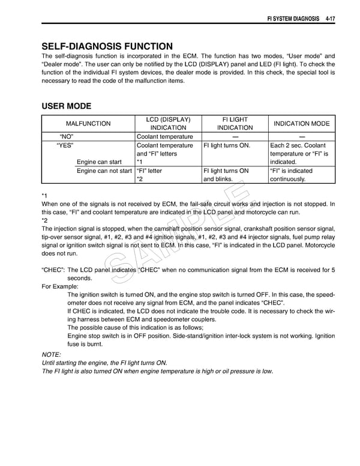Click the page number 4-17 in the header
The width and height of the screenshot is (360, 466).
click(327, 19)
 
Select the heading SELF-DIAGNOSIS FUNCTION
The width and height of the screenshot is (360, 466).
click(107, 46)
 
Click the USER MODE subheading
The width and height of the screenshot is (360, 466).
click(66, 106)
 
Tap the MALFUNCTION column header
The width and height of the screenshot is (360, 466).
click(88, 124)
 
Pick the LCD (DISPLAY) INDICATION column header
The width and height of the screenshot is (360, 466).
click(168, 124)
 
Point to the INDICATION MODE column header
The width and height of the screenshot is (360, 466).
click(301, 124)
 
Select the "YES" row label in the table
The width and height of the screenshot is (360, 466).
click(65, 145)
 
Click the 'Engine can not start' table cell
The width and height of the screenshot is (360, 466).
click(104, 171)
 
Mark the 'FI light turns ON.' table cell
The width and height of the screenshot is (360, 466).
click(227, 145)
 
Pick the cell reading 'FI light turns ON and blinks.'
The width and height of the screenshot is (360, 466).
click(226, 175)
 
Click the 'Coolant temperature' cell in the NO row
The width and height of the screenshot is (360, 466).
click(165, 137)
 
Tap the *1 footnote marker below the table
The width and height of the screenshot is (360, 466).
click(44, 196)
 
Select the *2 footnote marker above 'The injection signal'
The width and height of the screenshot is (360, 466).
click(44, 220)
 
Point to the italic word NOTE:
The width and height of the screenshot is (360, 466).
click(51, 355)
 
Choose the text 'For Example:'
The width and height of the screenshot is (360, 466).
click(60, 287)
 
